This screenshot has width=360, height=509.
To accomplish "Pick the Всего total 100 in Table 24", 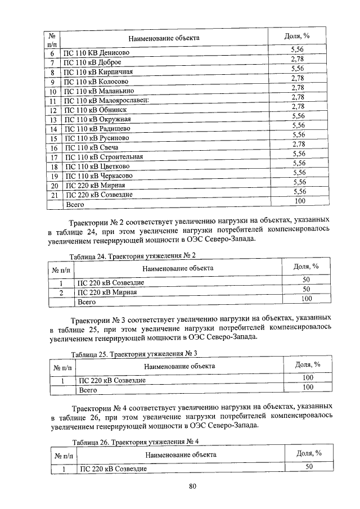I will click(x=307, y=299).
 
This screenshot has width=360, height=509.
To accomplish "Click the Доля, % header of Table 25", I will click(x=307, y=364).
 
